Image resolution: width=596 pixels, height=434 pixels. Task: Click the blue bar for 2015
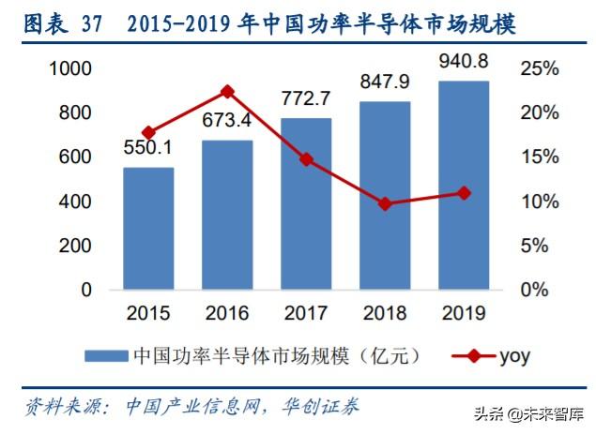click(148, 229)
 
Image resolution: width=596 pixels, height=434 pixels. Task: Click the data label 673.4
click(226, 121)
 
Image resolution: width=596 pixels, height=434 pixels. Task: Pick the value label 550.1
click(148, 148)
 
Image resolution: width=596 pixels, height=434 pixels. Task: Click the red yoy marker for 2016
click(226, 92)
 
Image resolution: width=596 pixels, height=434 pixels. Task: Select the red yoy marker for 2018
click(384, 203)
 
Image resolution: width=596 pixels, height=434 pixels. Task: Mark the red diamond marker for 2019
click(463, 193)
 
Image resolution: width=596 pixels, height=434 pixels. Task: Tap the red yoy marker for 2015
click(148, 133)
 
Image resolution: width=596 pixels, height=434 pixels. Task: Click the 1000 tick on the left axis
click(71, 68)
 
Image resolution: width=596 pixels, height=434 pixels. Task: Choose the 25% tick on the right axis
click(539, 68)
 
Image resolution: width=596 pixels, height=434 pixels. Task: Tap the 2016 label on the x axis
click(226, 311)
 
